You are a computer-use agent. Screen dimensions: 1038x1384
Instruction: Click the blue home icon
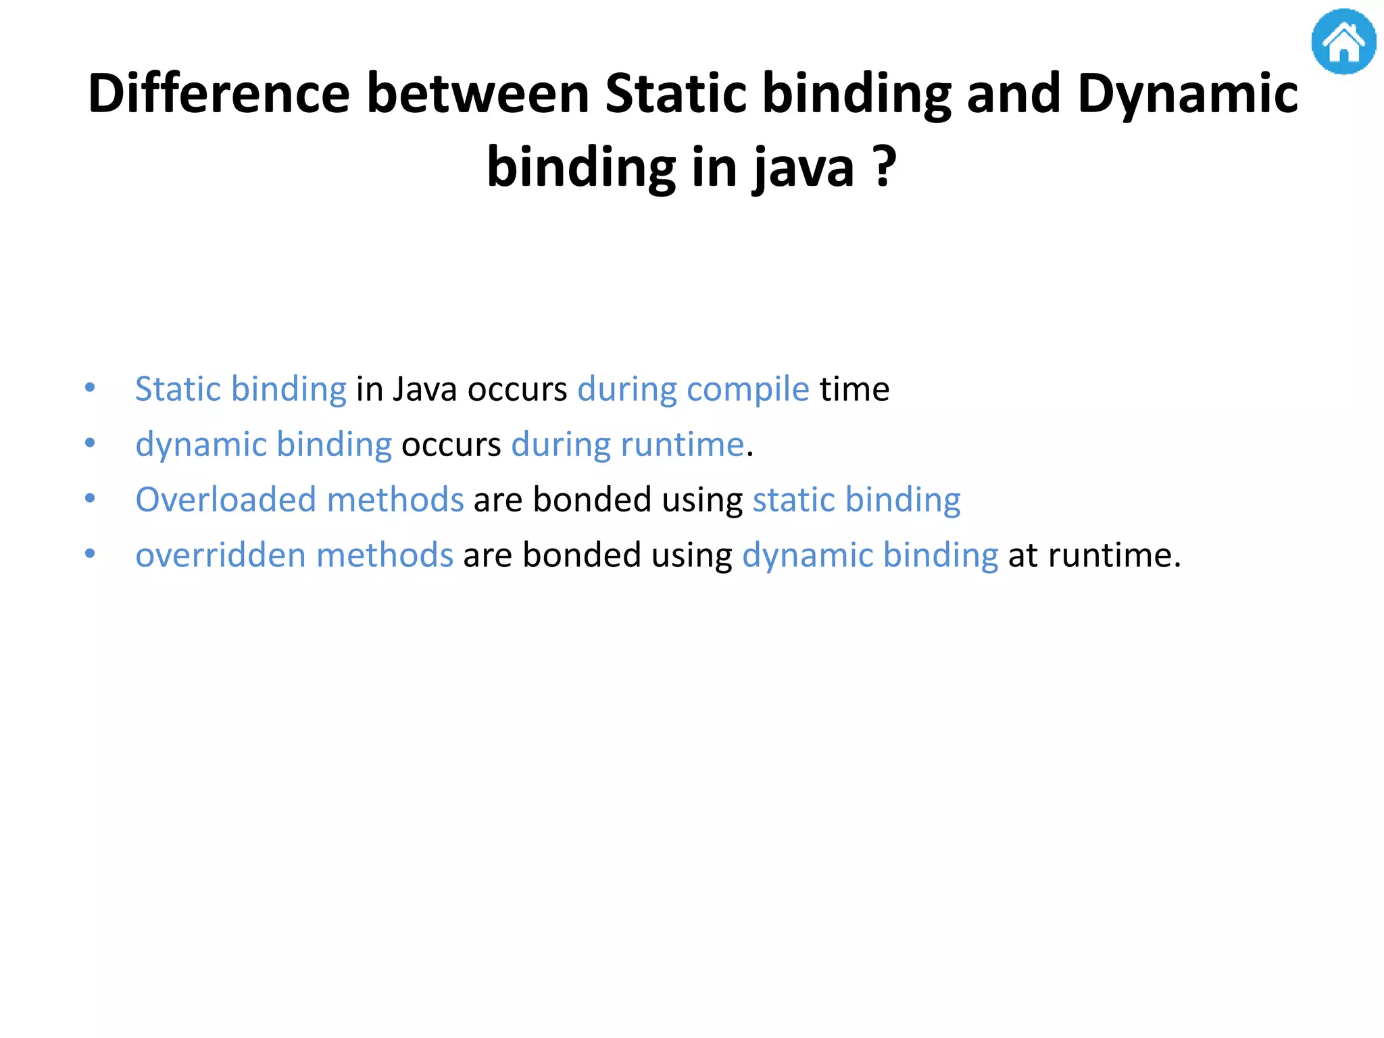[1343, 41]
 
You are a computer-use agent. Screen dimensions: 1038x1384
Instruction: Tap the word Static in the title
[676, 93]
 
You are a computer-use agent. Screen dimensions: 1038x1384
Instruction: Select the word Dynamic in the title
[1187, 93]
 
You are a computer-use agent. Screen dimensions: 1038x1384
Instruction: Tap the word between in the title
[478, 93]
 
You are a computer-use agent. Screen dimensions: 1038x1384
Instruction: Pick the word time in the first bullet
[854, 389]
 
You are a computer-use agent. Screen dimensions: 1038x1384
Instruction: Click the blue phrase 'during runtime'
[627, 445]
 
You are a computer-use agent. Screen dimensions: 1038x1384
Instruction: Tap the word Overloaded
[225, 500]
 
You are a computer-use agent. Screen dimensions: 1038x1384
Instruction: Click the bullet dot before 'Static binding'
[90, 388]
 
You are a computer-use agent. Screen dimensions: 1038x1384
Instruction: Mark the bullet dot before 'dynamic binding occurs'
[90, 443]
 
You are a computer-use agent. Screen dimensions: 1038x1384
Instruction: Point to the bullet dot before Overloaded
[90, 499]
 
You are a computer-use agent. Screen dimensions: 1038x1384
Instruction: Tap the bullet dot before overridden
[90, 554]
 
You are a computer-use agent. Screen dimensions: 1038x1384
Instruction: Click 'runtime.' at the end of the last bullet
[1114, 555]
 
